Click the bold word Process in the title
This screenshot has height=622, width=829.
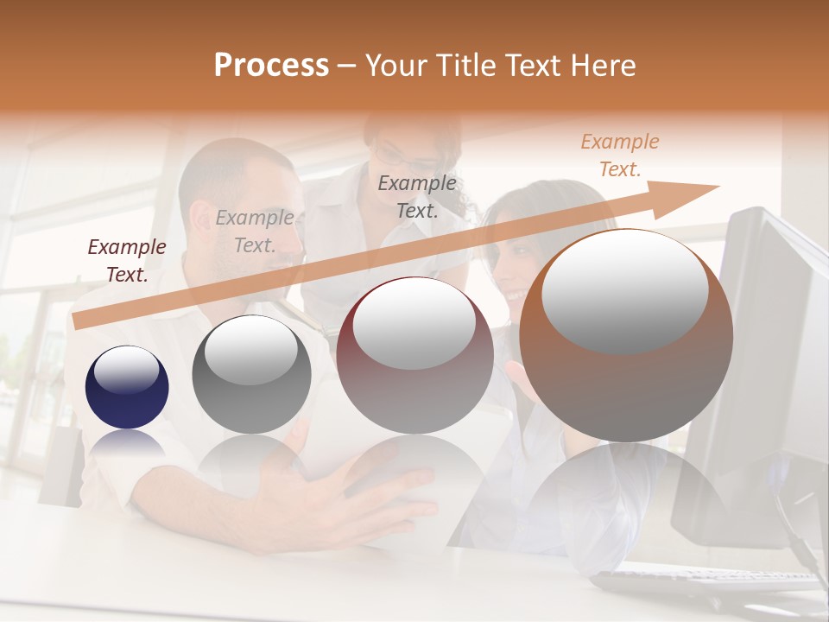pos(271,66)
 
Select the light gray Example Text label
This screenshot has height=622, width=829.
pos(255,232)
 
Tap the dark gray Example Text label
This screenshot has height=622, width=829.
pos(417,196)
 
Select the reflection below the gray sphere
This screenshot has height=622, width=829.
pos(251,458)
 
